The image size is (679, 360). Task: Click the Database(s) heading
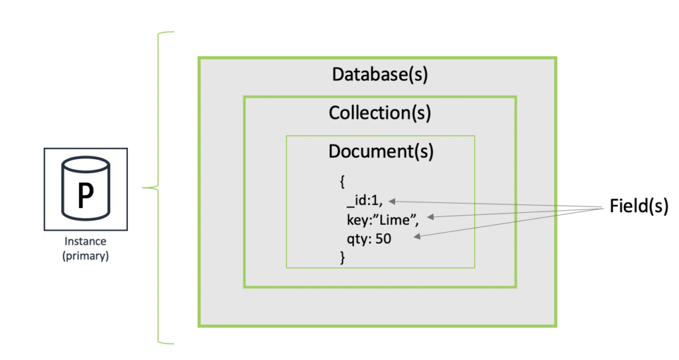coord(380,74)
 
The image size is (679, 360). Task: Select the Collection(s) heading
coord(380,113)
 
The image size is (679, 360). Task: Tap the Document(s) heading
coord(381,152)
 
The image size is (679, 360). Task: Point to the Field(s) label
coord(639,206)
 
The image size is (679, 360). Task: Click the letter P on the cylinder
coord(86,196)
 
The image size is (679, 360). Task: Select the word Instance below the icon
coord(86,241)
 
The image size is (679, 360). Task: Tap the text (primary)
coord(86,256)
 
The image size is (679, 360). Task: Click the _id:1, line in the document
coord(365,201)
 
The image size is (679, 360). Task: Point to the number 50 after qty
coord(383,239)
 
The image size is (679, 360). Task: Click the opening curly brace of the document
coord(342,182)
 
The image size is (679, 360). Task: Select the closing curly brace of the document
coord(343,257)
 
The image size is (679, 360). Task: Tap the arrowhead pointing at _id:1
coord(392,201)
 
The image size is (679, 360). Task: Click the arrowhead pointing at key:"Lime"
coord(430,217)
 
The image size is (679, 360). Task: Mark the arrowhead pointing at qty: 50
coord(417,237)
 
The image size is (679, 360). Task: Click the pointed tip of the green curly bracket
coord(143,188)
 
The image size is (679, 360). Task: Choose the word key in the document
coord(355,220)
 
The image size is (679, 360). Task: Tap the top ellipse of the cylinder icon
coord(86,164)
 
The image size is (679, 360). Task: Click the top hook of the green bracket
coord(166,32)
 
